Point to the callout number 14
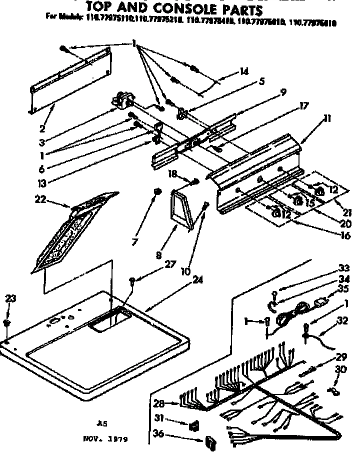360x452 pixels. (244, 71)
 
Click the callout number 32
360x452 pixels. (342, 321)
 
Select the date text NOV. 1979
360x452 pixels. (105, 440)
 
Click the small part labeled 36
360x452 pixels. (210, 442)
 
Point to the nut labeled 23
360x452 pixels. (6, 323)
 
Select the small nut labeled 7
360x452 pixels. (156, 191)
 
